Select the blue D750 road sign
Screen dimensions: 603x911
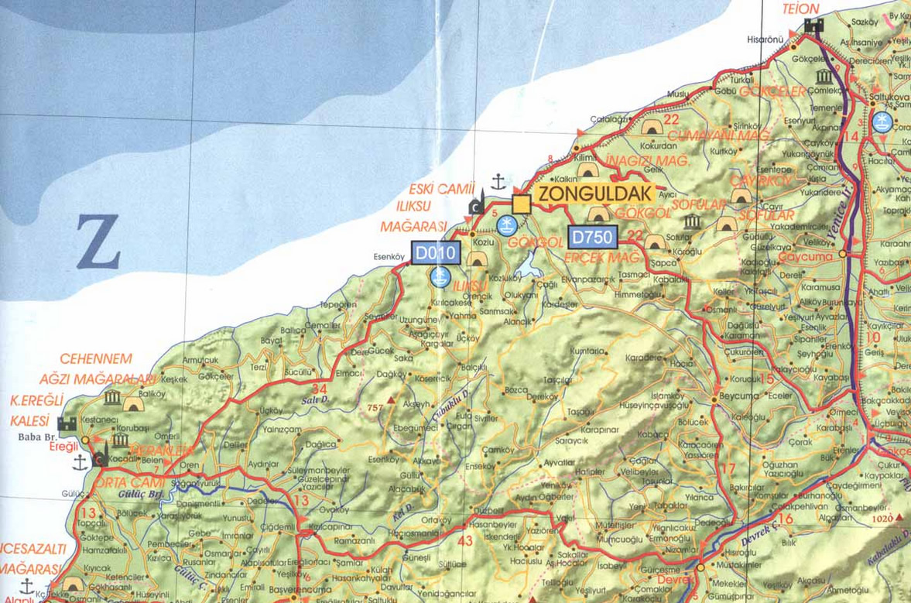592,237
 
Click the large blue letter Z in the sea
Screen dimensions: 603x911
98,242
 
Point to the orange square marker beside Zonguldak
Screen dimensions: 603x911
521,204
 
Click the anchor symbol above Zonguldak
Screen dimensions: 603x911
498,182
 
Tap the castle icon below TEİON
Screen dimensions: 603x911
813,26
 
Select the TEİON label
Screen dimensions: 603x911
800,9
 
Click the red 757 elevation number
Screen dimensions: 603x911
377,407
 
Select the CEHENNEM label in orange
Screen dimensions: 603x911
96,359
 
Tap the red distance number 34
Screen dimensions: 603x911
319,388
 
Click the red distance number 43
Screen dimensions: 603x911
464,540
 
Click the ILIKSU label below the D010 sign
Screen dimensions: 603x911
472,286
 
